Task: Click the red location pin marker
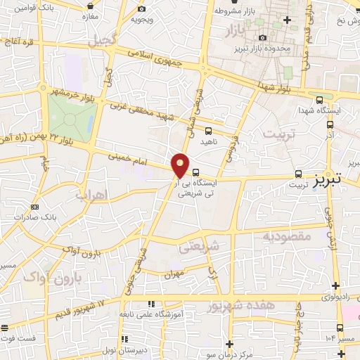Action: click(x=181, y=165)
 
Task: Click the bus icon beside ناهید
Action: click(x=209, y=130)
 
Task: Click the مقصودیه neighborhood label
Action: click(x=286, y=236)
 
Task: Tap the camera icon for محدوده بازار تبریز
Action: click(x=262, y=37)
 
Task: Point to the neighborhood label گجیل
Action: click(x=103, y=40)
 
